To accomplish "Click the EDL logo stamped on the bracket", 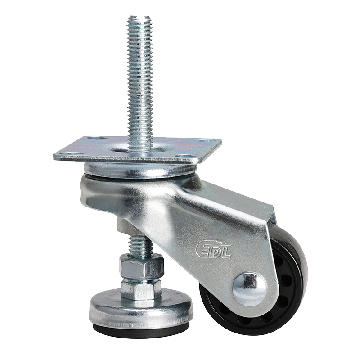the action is pyautogui.click(x=213, y=249).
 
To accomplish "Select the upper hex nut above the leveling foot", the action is pyautogui.click(x=141, y=267).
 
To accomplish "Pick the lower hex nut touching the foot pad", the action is pyautogui.click(x=141, y=289).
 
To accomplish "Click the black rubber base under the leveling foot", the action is pyautogui.click(x=141, y=329).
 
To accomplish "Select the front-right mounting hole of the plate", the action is pyautogui.click(x=185, y=156).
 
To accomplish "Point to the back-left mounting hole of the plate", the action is pyautogui.click(x=97, y=138).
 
